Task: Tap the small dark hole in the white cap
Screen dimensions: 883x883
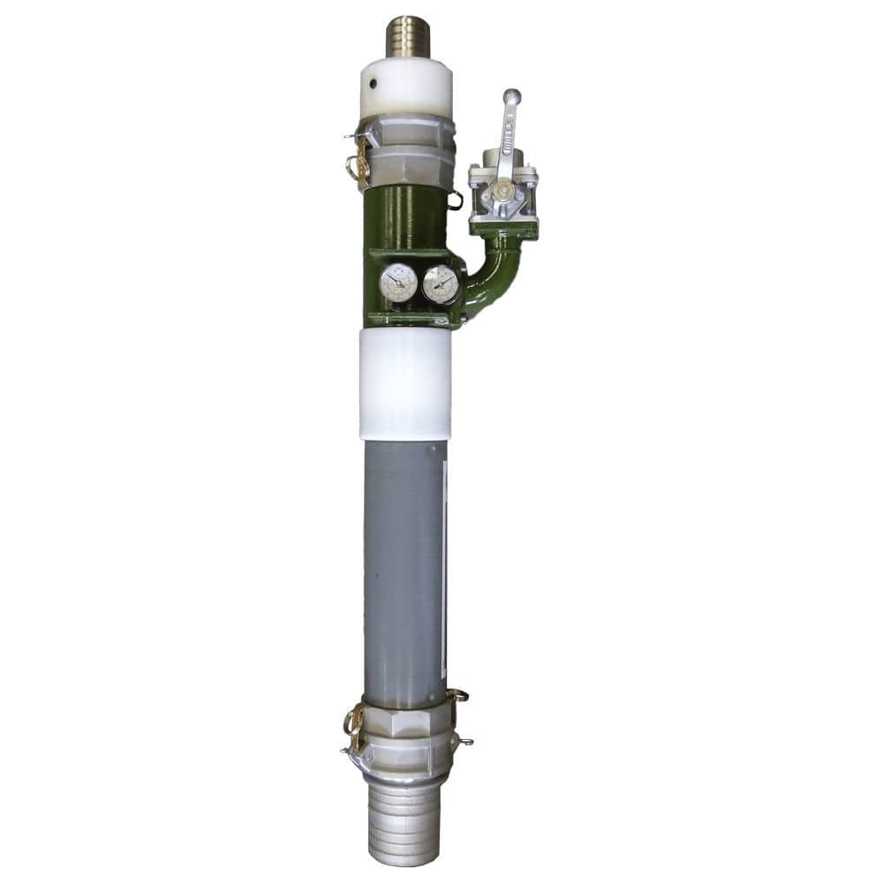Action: click(x=374, y=86)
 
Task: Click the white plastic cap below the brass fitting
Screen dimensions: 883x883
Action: click(x=406, y=88)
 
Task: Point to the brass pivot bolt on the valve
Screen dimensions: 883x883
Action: click(x=502, y=189)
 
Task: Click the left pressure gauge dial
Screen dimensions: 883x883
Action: click(x=398, y=283)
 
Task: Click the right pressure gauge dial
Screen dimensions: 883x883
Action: click(x=441, y=284)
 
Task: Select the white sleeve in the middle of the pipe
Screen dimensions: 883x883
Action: click(x=405, y=384)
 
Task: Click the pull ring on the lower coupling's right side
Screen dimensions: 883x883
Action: click(x=457, y=697)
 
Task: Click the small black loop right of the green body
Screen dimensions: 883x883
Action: click(x=456, y=201)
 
